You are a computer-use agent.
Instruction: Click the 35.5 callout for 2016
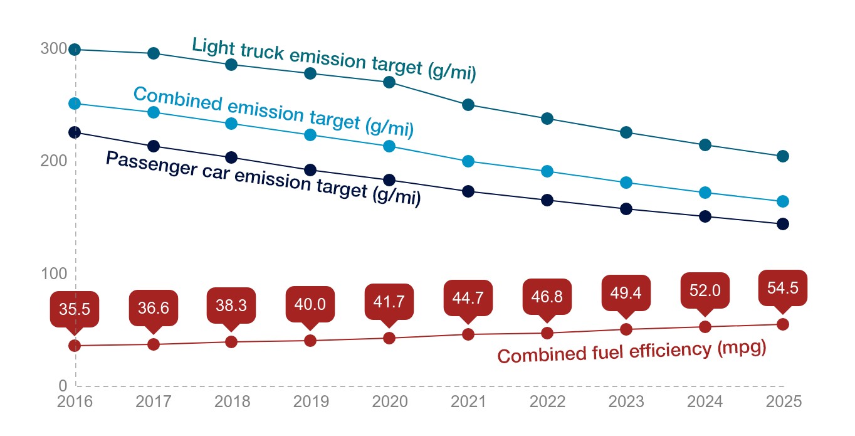point(75,309)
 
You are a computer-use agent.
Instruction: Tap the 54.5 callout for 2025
point(782,287)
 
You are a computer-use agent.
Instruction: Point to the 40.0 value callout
point(310,304)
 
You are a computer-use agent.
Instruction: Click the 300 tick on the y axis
point(53,49)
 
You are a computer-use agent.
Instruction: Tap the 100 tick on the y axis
point(53,274)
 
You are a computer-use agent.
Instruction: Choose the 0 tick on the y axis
point(63,386)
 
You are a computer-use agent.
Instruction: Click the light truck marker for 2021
point(468,105)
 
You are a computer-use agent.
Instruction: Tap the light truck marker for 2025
point(782,156)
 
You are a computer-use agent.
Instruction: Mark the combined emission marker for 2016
point(75,104)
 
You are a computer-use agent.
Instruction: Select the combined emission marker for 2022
point(547,171)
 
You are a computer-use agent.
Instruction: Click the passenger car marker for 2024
point(705,216)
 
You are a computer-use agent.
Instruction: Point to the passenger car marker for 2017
point(153,146)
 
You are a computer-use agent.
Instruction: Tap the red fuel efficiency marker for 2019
point(310,341)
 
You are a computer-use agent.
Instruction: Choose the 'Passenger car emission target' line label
point(263,179)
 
